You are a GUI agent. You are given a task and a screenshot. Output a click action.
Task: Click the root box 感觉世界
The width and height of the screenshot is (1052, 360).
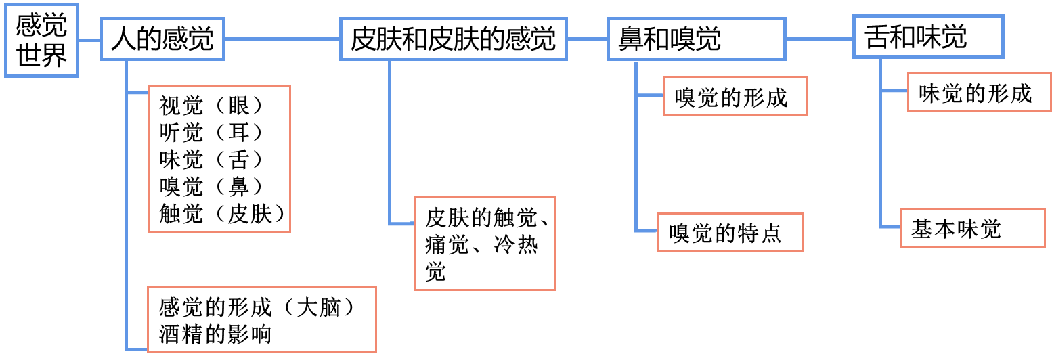tap(41, 40)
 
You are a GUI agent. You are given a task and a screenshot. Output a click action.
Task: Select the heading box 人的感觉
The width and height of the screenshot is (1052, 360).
tap(162, 39)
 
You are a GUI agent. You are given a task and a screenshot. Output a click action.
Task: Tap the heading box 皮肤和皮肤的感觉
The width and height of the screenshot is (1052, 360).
tap(453, 39)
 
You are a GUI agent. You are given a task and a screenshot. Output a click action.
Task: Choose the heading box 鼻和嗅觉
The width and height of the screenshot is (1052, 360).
tap(696, 39)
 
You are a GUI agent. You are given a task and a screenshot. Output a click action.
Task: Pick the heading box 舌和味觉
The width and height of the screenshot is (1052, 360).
tap(927, 37)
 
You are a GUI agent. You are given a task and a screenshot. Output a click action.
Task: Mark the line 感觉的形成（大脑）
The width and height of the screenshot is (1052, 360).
tap(257, 308)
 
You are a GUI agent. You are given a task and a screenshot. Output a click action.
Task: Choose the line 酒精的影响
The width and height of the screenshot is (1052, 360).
tap(215, 334)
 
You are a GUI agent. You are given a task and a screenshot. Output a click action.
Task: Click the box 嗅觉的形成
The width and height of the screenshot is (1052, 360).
tap(735, 97)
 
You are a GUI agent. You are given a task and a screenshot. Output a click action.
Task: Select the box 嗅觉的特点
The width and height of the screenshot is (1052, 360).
tap(730, 232)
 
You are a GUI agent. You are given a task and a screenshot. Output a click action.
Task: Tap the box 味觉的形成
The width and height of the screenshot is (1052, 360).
tap(979, 93)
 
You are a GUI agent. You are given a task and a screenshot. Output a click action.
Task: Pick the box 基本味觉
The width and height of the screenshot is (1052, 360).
tap(972, 228)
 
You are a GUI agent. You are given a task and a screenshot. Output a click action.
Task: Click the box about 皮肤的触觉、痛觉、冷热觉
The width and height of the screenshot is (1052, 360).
tap(485, 244)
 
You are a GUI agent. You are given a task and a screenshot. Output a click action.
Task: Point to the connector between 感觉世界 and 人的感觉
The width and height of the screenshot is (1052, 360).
tap(89, 40)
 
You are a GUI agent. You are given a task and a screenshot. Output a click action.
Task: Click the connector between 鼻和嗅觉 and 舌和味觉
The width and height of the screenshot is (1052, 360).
tap(818, 39)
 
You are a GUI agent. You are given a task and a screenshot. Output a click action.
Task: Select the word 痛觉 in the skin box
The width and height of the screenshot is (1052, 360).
tap(447, 244)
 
